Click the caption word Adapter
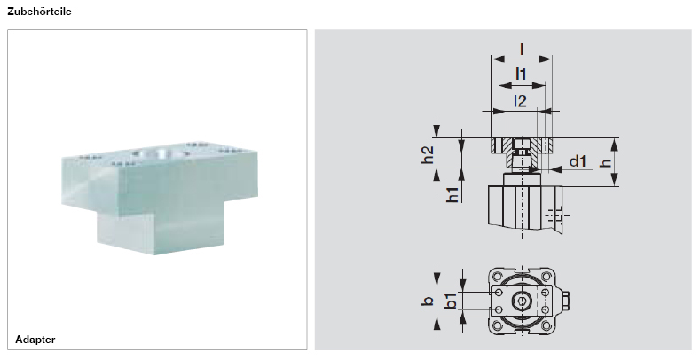point(36,340)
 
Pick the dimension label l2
point(522,100)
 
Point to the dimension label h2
point(428,154)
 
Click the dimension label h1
point(453,193)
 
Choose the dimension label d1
point(578,160)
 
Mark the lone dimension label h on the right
point(606,163)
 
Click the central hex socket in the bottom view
point(523,301)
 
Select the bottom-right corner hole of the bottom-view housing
point(549,326)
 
